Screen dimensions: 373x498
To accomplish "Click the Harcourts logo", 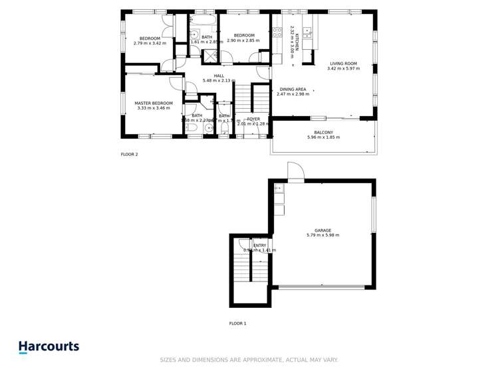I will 49,346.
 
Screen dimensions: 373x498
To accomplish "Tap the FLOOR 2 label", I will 129,154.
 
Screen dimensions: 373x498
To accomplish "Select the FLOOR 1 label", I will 237,323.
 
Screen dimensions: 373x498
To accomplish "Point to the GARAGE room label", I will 323,230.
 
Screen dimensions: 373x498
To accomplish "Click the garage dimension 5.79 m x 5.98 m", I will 323,236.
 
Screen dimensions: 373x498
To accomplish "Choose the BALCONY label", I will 323,132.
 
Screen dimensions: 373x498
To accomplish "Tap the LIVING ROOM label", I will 343,63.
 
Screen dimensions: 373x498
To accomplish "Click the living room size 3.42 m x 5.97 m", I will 343,68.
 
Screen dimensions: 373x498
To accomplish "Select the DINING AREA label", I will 293,89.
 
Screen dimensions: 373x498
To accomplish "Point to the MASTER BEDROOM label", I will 154,103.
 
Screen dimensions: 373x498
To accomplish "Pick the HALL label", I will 219,76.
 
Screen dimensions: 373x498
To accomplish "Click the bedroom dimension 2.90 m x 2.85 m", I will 244,40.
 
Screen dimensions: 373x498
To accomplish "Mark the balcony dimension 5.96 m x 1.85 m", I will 323,137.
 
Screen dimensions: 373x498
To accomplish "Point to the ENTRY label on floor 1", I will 259,246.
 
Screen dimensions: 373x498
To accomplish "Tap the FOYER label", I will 253,119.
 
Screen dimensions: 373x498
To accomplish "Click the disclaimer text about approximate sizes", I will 249,360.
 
